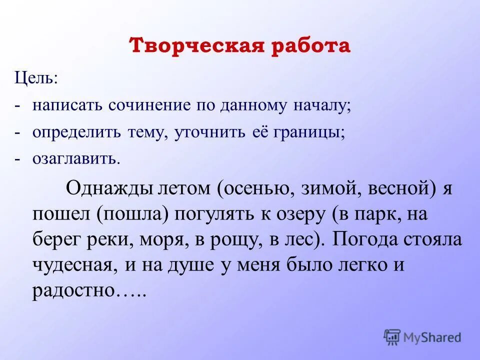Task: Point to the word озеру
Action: [288, 214]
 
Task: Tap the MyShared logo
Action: [422, 336]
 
